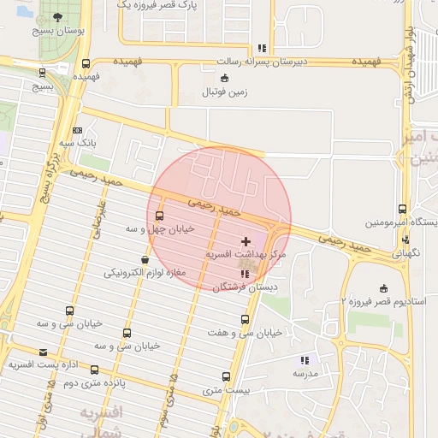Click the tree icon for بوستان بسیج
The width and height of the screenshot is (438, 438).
click(57, 17)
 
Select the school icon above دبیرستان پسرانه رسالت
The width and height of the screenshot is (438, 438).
click(261, 48)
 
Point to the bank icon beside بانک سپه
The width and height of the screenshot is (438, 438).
click(79, 130)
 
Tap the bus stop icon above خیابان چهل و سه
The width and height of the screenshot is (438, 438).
click(159, 215)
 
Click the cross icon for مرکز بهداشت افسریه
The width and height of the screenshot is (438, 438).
click(247, 242)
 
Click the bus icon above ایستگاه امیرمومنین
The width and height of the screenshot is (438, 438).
click(402, 209)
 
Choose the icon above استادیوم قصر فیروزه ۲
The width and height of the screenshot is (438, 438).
click(383, 287)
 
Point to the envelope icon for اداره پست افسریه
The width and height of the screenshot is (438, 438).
click(44, 352)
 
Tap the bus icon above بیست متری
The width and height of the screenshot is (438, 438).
click(226, 376)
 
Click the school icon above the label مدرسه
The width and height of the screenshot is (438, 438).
click(305, 360)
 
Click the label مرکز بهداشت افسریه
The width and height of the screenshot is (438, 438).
click(248, 256)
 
